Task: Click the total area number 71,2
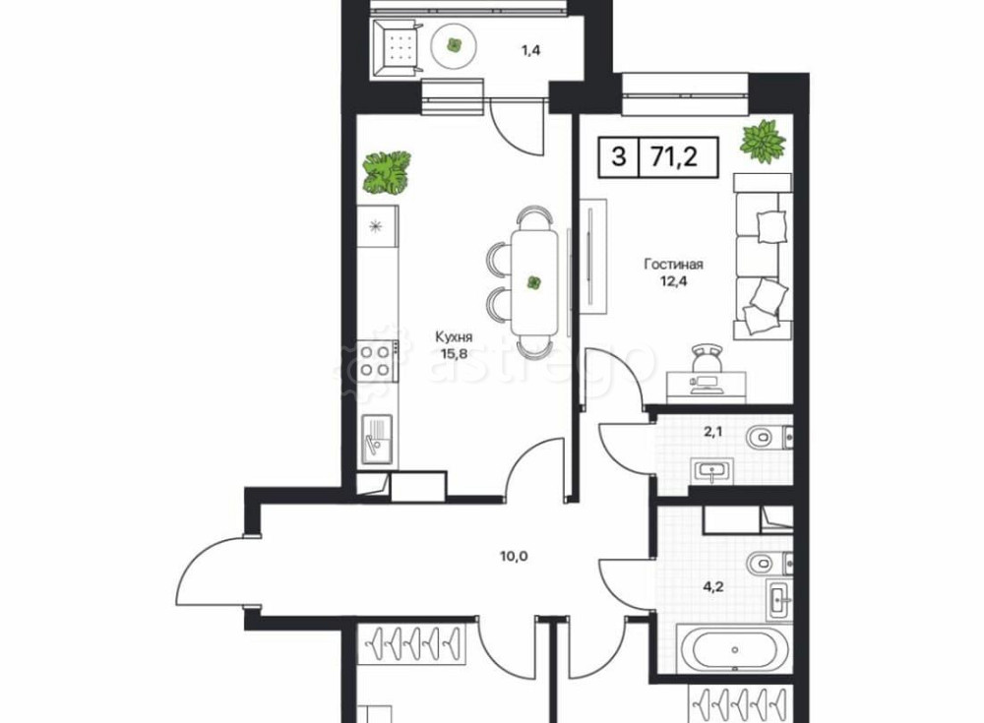678,156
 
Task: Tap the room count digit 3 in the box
618,156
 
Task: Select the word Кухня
454,337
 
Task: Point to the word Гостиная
674,264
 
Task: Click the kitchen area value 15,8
454,355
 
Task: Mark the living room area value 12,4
674,281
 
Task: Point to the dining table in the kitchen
534,283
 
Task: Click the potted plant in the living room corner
764,142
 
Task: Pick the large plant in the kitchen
386,172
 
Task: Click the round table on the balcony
454,44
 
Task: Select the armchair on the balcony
400,45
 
